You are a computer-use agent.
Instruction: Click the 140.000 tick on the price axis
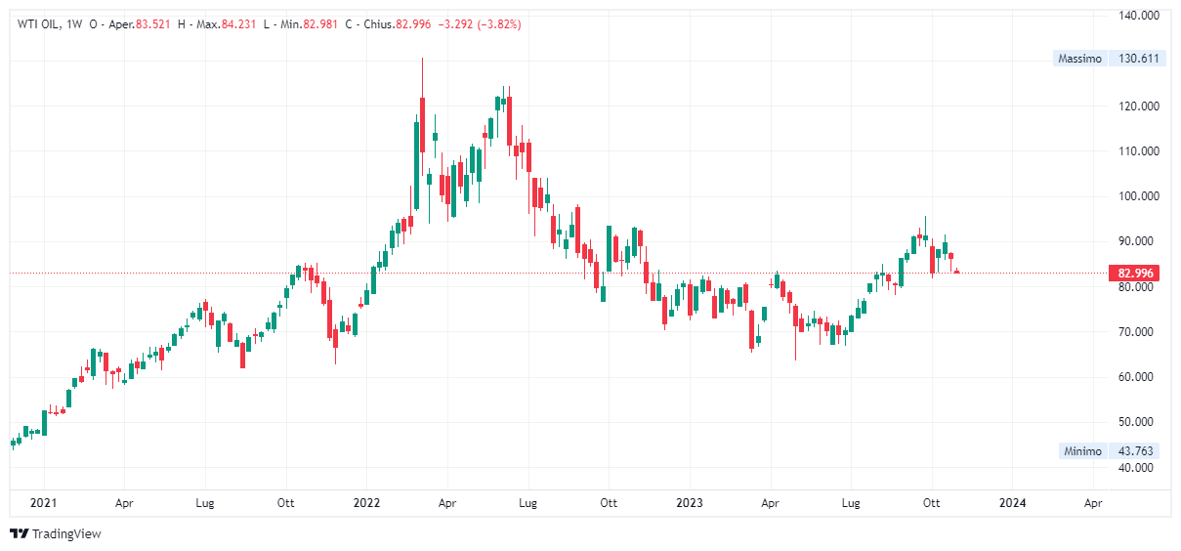click(1137, 16)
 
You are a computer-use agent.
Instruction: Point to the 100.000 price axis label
click(1137, 196)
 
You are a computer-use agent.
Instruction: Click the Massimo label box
click(1079, 59)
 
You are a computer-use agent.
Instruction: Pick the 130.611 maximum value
click(1137, 59)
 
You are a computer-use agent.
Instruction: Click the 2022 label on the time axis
click(366, 503)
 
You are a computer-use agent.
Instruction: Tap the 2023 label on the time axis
click(690, 503)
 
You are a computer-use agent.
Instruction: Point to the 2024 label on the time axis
click(1013, 503)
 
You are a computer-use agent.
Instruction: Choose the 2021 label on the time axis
click(43, 503)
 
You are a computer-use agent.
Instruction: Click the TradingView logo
click(55, 534)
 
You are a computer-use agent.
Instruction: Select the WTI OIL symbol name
click(37, 24)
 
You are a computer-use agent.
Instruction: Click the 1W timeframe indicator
click(73, 24)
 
